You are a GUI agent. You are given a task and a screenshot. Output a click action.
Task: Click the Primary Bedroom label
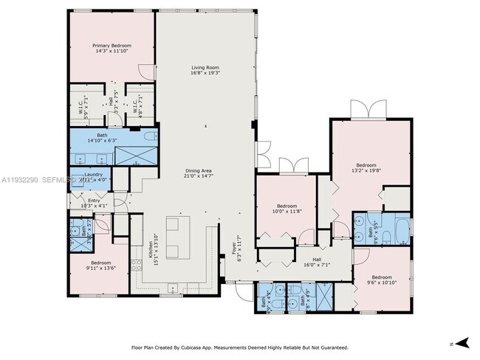(112, 48)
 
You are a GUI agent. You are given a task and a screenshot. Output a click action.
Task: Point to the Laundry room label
(93, 176)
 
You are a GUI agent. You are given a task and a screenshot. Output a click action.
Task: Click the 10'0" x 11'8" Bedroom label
(287, 209)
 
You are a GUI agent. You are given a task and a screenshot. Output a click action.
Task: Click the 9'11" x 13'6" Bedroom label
(101, 266)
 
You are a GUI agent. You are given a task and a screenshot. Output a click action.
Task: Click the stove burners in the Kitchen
(136, 266)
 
